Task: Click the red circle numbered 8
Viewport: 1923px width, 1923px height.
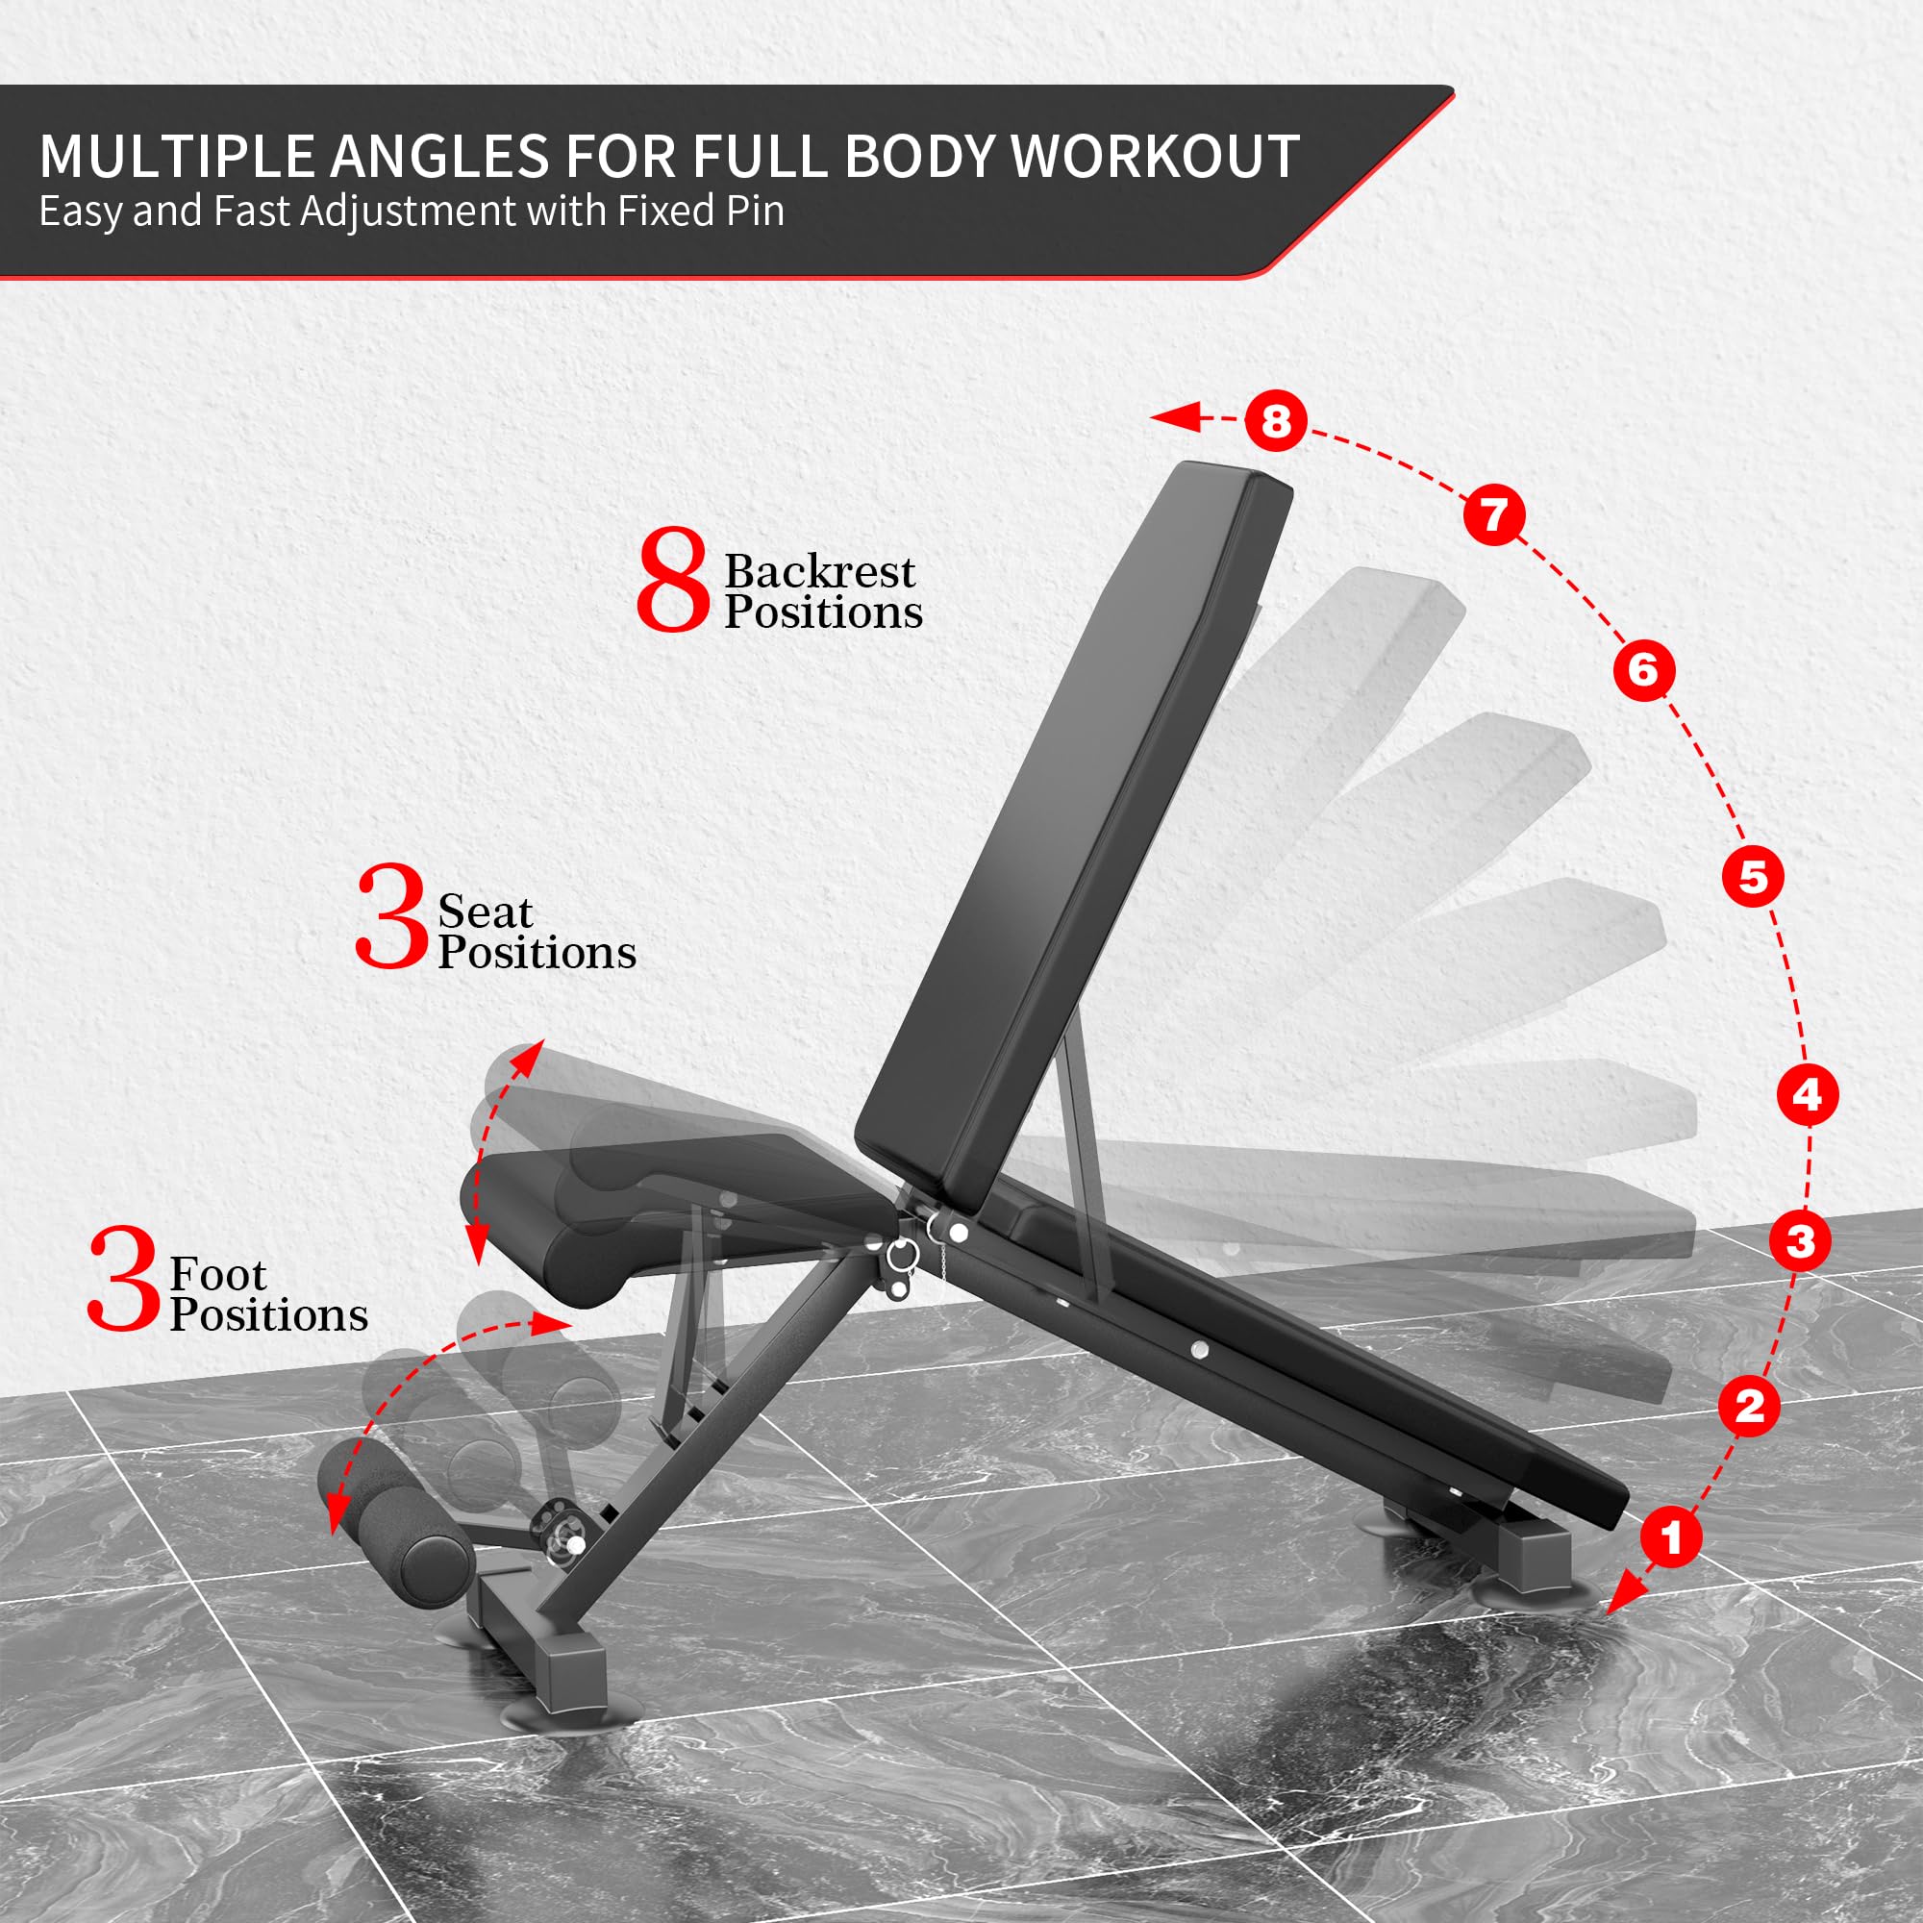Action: click(1276, 420)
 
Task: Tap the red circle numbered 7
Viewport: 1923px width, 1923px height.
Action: click(1494, 514)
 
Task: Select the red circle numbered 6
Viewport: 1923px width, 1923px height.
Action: click(1643, 670)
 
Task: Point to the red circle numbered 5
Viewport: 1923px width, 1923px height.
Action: click(1753, 877)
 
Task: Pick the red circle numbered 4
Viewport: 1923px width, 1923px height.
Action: click(1808, 1095)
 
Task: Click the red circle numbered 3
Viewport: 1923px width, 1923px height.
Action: click(1801, 1241)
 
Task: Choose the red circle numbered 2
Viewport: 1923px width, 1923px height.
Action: click(1750, 1407)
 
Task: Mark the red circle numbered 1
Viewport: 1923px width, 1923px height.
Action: click(1671, 1536)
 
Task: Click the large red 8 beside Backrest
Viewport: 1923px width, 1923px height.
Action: click(673, 581)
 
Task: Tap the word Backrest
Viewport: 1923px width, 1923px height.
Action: click(819, 571)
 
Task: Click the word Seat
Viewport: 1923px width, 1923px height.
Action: click(485, 912)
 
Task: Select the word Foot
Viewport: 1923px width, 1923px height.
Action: click(218, 1275)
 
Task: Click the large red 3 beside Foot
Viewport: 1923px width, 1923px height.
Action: click(123, 1279)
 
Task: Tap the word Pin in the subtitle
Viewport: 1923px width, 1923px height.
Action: click(756, 211)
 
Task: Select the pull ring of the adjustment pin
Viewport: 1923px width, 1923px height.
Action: click(900, 1255)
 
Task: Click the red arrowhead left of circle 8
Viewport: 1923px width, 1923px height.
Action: click(1175, 418)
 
